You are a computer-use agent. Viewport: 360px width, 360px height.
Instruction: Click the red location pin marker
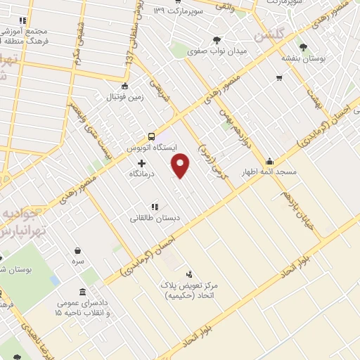[x=181, y=166]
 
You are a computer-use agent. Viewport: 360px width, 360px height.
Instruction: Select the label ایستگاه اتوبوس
[x=150, y=149]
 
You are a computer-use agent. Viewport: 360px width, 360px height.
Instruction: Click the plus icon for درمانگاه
[x=141, y=162]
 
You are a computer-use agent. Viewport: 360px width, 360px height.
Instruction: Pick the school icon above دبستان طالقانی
[x=154, y=207]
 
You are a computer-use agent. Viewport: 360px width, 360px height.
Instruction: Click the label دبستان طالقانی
[x=155, y=218]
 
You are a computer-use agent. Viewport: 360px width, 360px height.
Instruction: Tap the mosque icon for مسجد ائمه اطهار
[x=269, y=161]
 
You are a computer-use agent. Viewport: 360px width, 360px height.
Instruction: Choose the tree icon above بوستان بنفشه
[x=303, y=47]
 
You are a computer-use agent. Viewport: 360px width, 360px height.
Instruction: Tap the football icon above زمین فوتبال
[x=124, y=87]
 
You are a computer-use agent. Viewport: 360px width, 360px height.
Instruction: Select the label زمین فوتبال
[x=124, y=98]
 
